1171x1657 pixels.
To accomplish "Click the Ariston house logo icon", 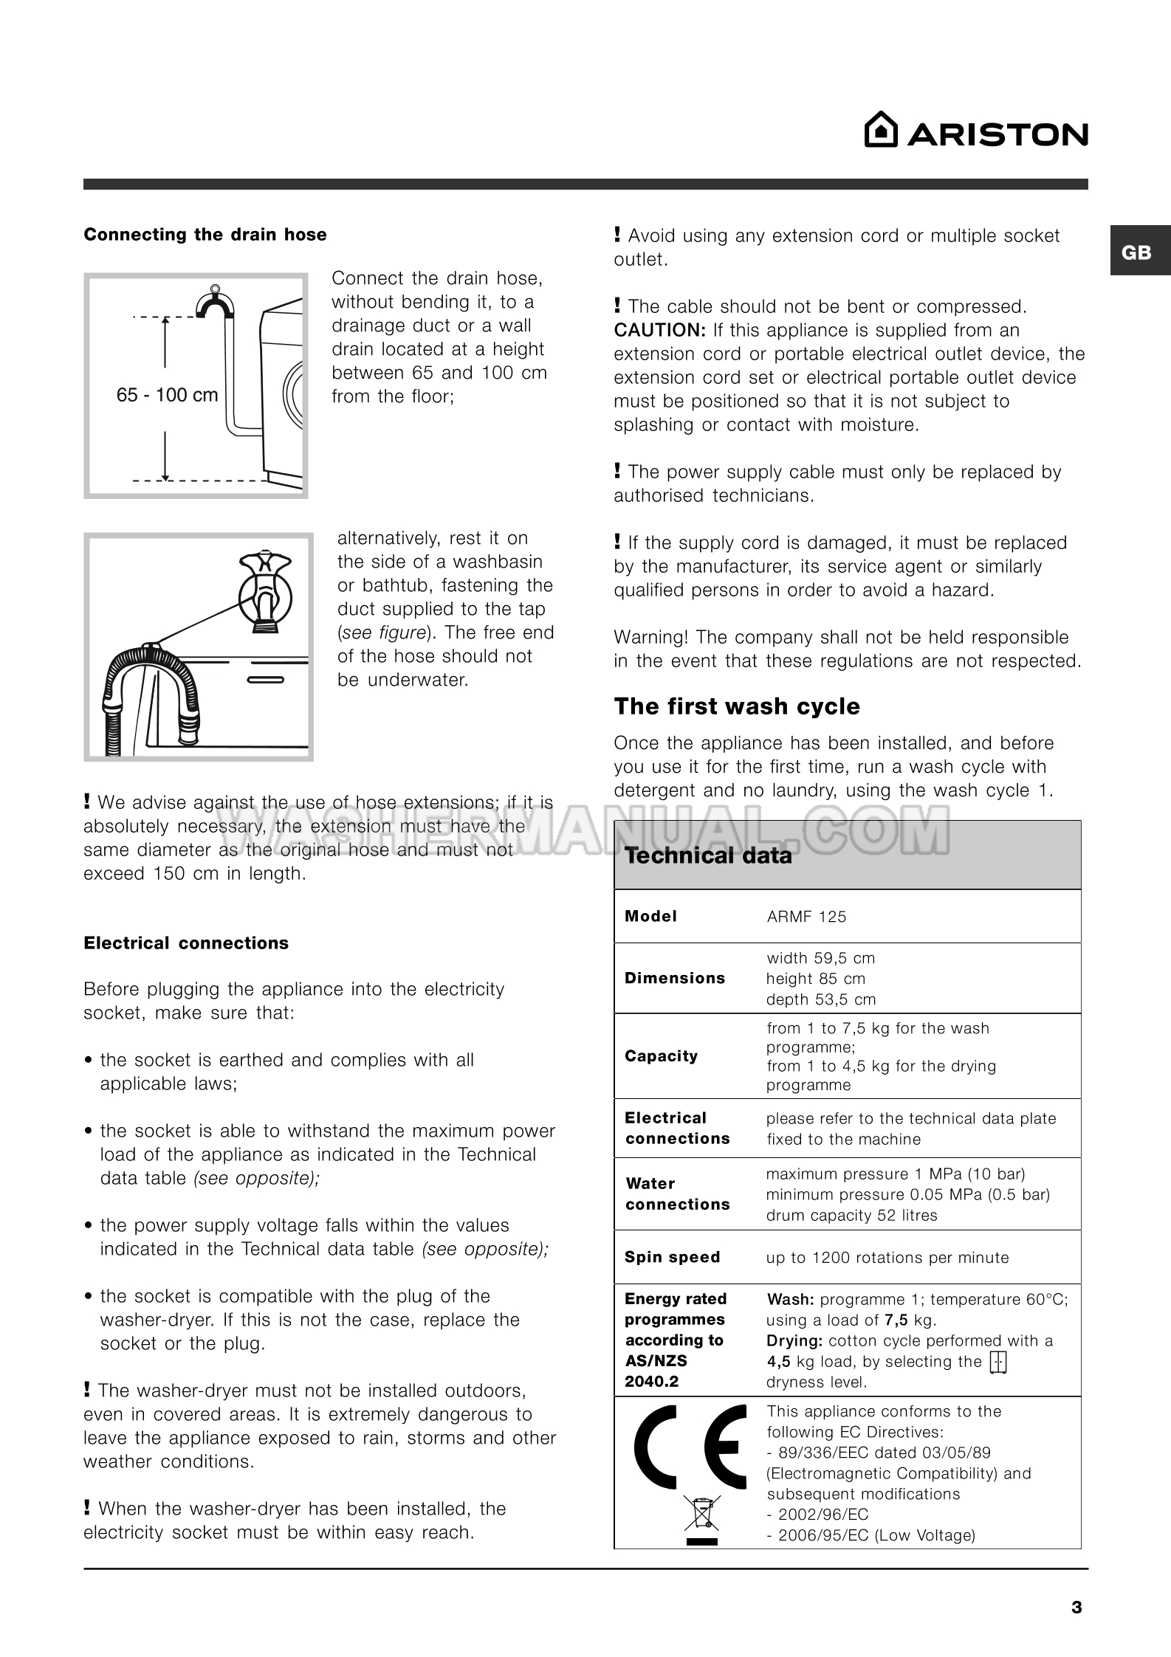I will [x=881, y=131].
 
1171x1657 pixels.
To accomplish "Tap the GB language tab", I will [x=1136, y=252].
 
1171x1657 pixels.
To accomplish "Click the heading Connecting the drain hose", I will [x=205, y=235].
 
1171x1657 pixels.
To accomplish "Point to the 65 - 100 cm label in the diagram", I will [x=167, y=395].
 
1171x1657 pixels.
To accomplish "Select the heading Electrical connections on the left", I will [x=186, y=943].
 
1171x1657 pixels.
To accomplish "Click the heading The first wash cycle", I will [x=737, y=706].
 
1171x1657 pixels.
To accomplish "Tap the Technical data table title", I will [x=708, y=855].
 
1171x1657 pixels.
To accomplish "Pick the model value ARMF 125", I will [x=806, y=917].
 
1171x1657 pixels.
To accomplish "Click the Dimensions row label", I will [x=675, y=978].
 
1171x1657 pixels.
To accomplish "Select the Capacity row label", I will [x=661, y=1056].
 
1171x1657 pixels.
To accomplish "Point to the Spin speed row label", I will [x=672, y=1257].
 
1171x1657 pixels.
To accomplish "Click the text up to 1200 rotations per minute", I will [x=887, y=1258].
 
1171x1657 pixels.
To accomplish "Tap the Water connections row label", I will [x=677, y=1193].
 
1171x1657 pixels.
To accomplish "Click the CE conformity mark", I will [x=690, y=1447].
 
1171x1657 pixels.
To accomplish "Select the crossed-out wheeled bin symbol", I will [x=701, y=1515].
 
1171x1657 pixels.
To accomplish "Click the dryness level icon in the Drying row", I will [x=998, y=1362].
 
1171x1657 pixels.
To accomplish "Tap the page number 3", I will [x=1076, y=1608].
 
